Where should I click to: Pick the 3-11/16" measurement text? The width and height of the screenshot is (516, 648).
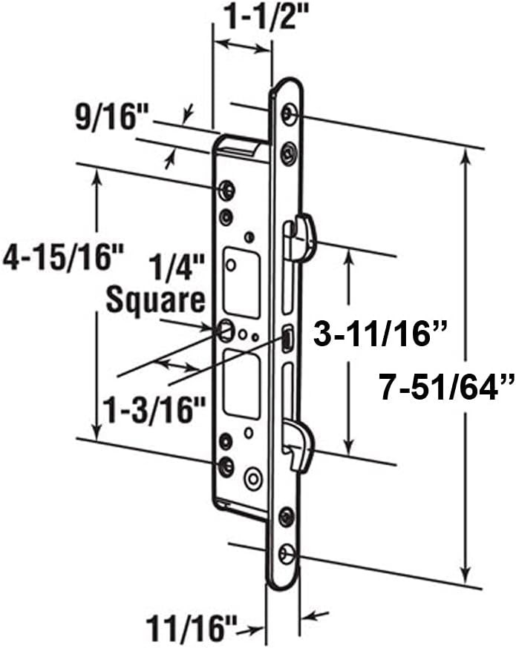[x=380, y=335]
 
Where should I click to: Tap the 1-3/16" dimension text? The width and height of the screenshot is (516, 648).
[x=155, y=407]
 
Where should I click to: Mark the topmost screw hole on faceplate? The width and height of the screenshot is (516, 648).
[x=289, y=113]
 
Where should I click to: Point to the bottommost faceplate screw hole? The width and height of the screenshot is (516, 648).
[x=287, y=554]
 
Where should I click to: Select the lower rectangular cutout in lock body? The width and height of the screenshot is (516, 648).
[x=242, y=383]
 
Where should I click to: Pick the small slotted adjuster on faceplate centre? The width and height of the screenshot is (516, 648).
[x=287, y=340]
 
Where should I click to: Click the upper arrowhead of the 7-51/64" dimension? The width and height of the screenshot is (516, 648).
[x=466, y=156]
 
